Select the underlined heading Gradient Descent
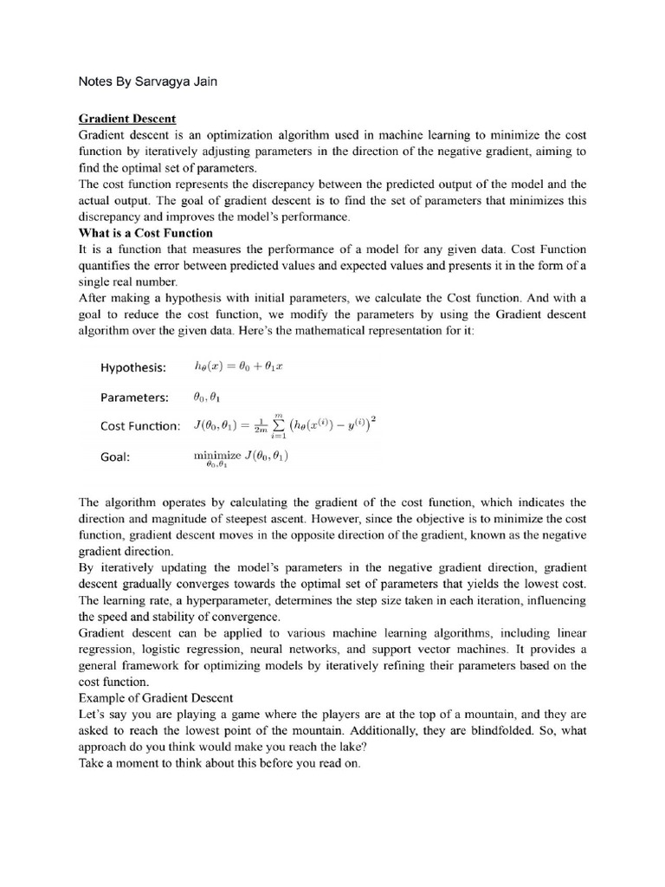click(127, 118)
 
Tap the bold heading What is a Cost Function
click(145, 233)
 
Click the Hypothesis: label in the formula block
click(132, 367)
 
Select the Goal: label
click(114, 457)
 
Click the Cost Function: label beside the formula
click(140, 426)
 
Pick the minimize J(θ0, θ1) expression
click(242, 456)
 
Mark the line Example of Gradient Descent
click(152, 697)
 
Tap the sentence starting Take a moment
click(218, 764)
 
